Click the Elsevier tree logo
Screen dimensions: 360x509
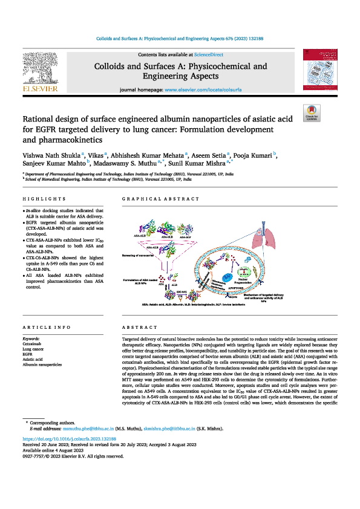[40, 68]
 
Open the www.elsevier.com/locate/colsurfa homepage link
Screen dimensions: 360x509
[209, 89]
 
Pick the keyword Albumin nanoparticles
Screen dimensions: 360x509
[42, 365]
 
